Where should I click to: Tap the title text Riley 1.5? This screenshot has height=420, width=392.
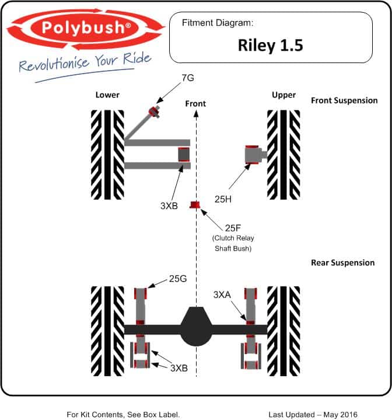[x=270, y=46]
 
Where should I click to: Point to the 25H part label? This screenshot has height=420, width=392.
[x=223, y=199]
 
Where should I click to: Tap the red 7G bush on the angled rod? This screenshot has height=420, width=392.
[x=155, y=110]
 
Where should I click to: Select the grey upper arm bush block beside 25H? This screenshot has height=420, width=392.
[x=254, y=154]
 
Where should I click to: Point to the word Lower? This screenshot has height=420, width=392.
[x=107, y=95]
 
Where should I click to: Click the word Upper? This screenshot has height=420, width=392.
[x=283, y=95]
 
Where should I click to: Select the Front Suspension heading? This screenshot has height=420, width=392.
[x=344, y=100]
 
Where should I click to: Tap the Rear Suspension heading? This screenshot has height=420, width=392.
[x=342, y=263]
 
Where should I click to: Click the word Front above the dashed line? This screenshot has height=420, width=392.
[x=195, y=103]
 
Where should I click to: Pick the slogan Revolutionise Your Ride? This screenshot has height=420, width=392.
[x=85, y=63]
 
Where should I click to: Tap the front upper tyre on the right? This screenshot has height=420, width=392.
[x=283, y=154]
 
